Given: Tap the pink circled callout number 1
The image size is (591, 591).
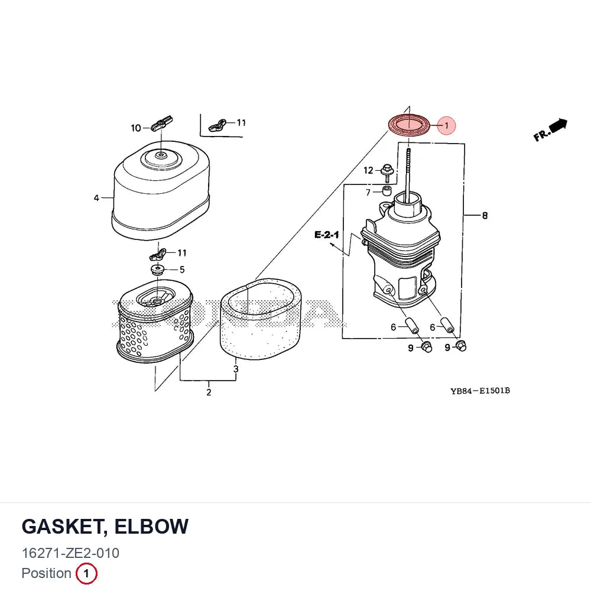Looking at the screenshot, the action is [x=446, y=125].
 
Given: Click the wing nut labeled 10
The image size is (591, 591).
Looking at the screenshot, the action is [x=162, y=124].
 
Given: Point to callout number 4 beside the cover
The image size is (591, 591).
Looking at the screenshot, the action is [x=96, y=198].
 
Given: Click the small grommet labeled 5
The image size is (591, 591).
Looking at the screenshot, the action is [x=158, y=270].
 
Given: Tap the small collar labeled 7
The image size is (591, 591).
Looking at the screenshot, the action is [x=387, y=190].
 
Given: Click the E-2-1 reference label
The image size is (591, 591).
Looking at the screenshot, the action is [x=326, y=235].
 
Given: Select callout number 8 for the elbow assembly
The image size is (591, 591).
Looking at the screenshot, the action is [x=485, y=216].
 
